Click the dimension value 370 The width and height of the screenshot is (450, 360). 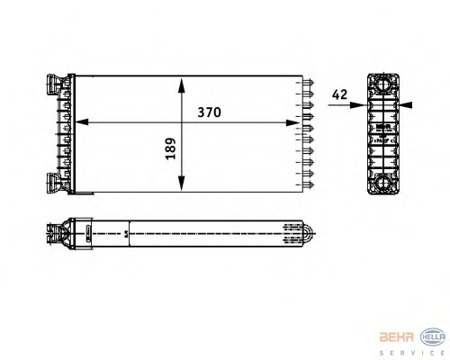pyautogui.click(x=209, y=112)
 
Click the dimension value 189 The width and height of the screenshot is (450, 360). pyautogui.click(x=171, y=148)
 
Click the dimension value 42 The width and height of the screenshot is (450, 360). pyautogui.click(x=339, y=94)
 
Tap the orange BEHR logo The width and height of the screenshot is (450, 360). pyautogui.click(x=397, y=337)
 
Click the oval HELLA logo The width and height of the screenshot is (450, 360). pyautogui.click(x=433, y=337)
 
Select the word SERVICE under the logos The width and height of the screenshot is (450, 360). pyautogui.click(x=412, y=353)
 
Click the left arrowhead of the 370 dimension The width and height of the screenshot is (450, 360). pyautogui.click(x=81, y=122)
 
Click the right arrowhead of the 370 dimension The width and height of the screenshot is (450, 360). pyautogui.click(x=292, y=122)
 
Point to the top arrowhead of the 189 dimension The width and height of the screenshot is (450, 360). pyautogui.click(x=181, y=85)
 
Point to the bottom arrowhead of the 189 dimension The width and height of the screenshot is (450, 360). pyautogui.click(x=181, y=184)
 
